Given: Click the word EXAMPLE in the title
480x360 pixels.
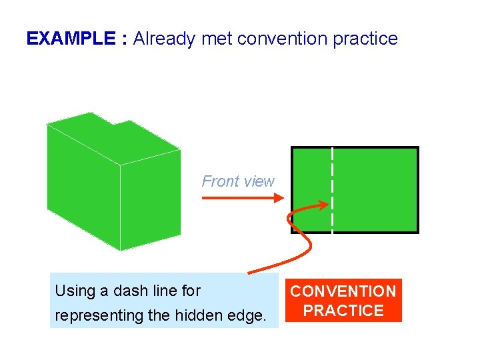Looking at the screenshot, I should click(71, 39).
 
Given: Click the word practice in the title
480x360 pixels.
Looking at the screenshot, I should click(365, 39).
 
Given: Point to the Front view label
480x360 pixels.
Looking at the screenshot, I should click(238, 181).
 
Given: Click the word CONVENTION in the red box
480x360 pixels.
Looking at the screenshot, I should click(343, 291).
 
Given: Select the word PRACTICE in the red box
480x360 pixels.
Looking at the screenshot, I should click(343, 311).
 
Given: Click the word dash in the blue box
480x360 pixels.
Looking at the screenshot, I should click(118, 291).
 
